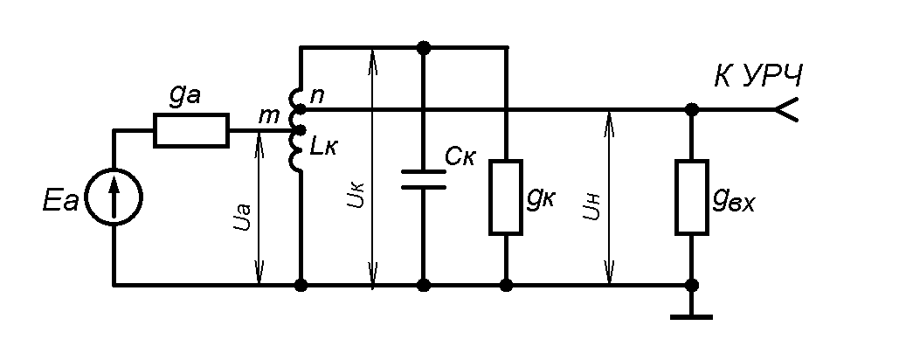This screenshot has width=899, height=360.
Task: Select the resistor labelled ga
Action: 191,130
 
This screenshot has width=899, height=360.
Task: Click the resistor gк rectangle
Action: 506,197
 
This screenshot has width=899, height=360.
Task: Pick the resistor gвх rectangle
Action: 692,197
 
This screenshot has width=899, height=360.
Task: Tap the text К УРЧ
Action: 757,78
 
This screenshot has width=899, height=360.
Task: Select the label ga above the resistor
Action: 186,99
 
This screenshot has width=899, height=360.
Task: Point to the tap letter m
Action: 269,115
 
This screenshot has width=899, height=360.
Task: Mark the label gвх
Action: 732,200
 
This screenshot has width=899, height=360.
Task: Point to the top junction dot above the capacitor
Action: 424,47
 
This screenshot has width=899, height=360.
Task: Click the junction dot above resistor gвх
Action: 692,110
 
